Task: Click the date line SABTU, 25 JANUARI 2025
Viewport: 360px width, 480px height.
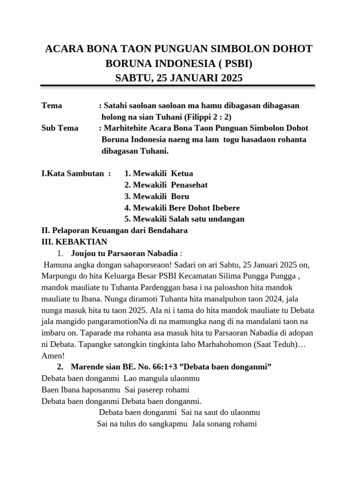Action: pyautogui.click(x=179, y=78)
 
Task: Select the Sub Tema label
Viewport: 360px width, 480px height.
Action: pyautogui.click(x=60, y=128)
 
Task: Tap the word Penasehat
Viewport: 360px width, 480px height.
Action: pyautogui.click(x=189, y=185)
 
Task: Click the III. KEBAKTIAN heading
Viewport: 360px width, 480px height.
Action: pyautogui.click(x=75, y=242)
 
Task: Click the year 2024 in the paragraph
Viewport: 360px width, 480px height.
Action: pyautogui.click(x=273, y=299)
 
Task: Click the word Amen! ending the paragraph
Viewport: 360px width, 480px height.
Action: pyautogui.click(x=53, y=356)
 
